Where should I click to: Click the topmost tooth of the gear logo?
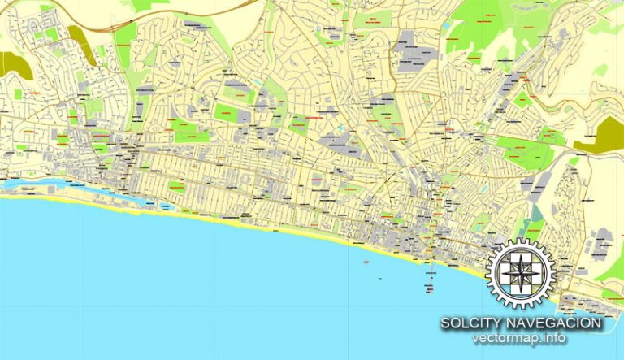[519, 241]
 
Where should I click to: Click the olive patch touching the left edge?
[10, 64]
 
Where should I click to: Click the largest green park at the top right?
[479, 28]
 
